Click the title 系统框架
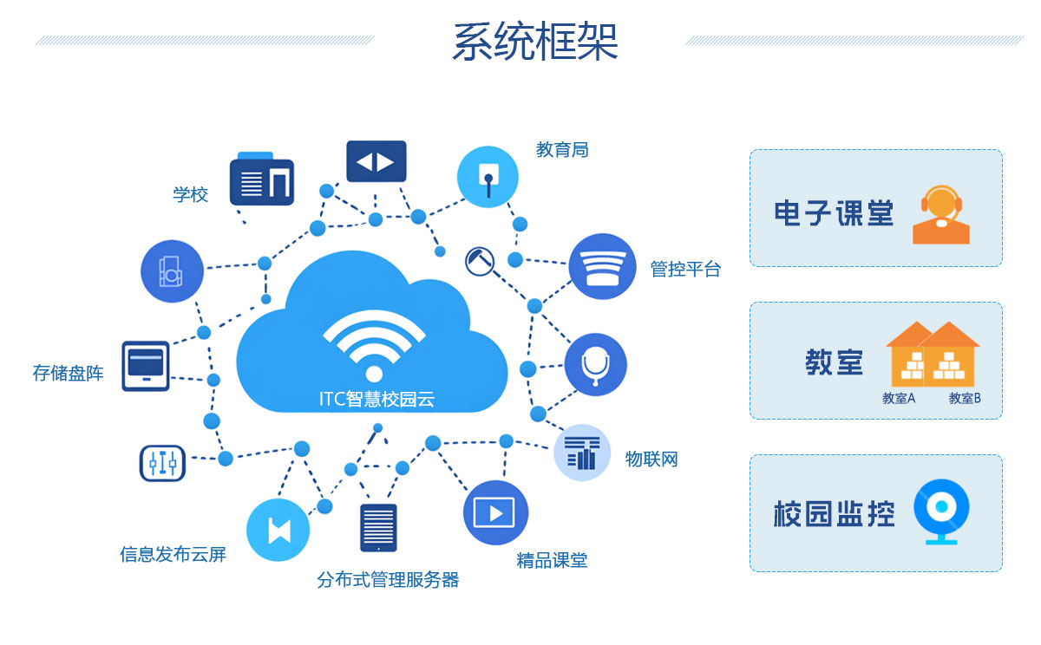click(534, 42)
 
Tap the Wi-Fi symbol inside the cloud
click(374, 347)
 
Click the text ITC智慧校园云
click(376, 400)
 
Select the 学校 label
click(191, 194)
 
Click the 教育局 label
click(562, 150)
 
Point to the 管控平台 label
click(685, 269)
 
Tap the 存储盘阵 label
click(69, 374)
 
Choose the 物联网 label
click(651, 459)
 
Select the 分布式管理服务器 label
click(388, 580)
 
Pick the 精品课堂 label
click(552, 561)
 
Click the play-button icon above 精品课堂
click(496, 512)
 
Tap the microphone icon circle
click(595, 364)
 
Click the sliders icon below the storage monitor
click(162, 463)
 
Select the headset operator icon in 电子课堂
click(941, 214)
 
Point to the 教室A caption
click(899, 399)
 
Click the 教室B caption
click(965, 399)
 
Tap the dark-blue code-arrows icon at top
click(376, 161)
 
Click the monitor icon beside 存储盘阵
click(146, 366)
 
